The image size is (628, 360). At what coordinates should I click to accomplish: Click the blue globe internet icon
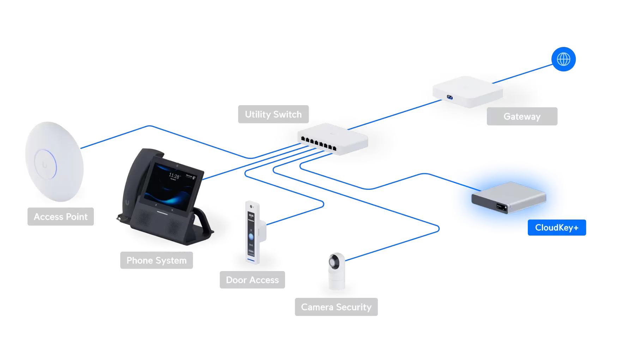click(x=563, y=59)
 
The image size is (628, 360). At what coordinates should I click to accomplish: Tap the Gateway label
click(x=522, y=116)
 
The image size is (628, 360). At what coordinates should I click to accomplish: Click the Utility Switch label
click(x=273, y=114)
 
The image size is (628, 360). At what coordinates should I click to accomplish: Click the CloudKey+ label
click(x=557, y=228)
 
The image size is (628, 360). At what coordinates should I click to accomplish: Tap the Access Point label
click(x=60, y=217)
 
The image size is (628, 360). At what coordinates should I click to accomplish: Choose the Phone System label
click(x=156, y=260)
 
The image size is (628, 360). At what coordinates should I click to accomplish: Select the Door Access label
click(x=252, y=280)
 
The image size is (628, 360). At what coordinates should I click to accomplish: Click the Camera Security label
click(x=336, y=307)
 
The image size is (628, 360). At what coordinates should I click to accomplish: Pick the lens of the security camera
click(x=334, y=263)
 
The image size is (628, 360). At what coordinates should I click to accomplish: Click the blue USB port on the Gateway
click(x=449, y=97)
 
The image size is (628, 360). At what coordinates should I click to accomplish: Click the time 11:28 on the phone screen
click(x=174, y=175)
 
